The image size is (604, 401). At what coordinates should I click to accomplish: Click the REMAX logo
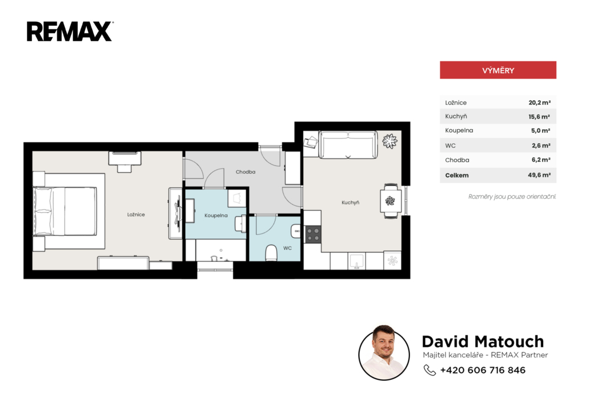[x=70, y=31]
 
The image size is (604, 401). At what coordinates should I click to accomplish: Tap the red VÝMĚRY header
[x=498, y=70]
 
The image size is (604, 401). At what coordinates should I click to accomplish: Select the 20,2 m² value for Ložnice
[x=539, y=103]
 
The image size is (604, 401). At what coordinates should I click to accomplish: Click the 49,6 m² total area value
[x=539, y=175]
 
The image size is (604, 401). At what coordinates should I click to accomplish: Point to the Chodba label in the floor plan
[x=245, y=172]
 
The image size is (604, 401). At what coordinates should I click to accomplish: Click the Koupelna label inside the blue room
[x=216, y=215]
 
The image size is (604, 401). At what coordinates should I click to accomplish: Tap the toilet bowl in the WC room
[x=271, y=253]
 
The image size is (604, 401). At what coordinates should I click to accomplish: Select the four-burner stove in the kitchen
[x=313, y=234]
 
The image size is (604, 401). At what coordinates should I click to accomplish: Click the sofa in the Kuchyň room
[x=348, y=145]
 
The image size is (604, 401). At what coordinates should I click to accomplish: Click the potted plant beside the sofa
[x=389, y=141]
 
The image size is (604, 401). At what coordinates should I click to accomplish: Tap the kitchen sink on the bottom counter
[x=356, y=261]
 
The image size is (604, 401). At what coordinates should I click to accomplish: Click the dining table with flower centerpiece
[x=390, y=200]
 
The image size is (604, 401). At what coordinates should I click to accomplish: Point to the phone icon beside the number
[x=429, y=370]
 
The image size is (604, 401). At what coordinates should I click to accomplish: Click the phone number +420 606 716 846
[x=482, y=370]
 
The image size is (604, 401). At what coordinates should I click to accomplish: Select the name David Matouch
[x=483, y=341]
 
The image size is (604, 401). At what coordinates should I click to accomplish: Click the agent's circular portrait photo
[x=384, y=353]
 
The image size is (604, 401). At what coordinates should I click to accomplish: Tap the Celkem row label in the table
[x=457, y=175]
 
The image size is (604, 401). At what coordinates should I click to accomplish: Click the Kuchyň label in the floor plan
[x=350, y=203]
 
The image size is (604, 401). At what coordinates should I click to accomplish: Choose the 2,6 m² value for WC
[x=541, y=146]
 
